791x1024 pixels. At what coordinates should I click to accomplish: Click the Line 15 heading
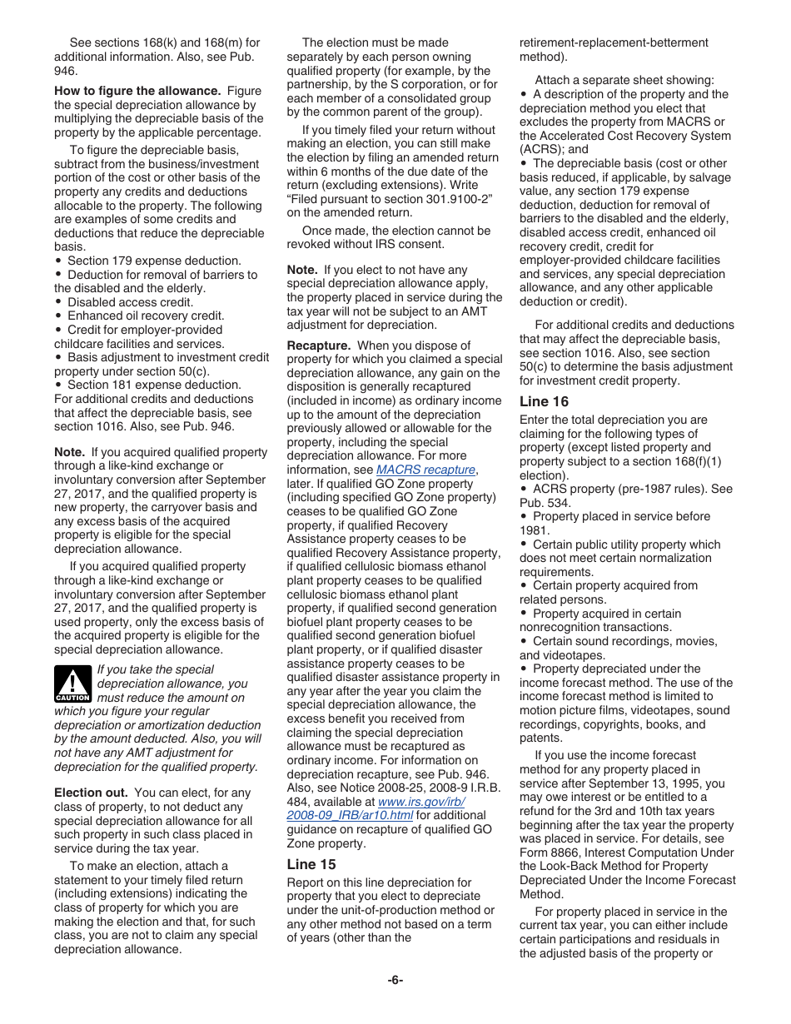pyautogui.click(x=311, y=864)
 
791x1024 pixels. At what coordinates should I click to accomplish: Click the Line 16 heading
pyautogui.click(x=544, y=401)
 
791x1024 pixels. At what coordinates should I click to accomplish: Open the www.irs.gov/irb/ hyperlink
pyautogui.click(x=420, y=801)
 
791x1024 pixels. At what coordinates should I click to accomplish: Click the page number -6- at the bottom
pyautogui.click(x=395, y=980)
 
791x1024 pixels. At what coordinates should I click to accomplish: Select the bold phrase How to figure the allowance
pyautogui.click(x=137, y=91)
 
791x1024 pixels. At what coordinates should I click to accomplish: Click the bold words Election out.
pyautogui.click(x=91, y=793)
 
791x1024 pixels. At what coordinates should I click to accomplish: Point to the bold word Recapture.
pyautogui.click(x=317, y=345)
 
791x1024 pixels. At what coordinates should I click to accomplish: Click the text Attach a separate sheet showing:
pyautogui.click(x=624, y=80)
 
